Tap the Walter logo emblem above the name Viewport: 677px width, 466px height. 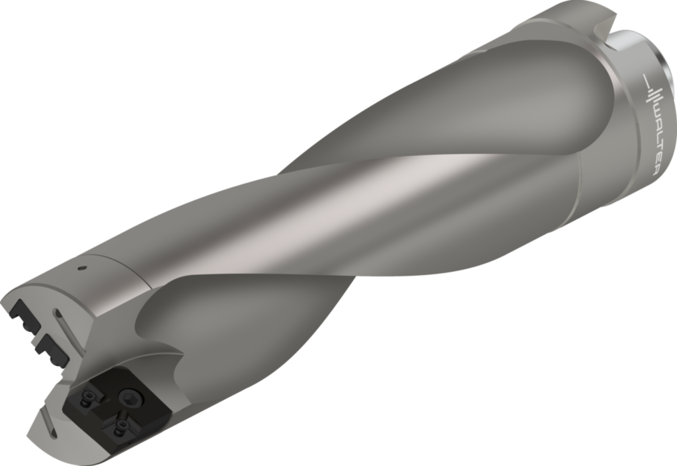point(650,87)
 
